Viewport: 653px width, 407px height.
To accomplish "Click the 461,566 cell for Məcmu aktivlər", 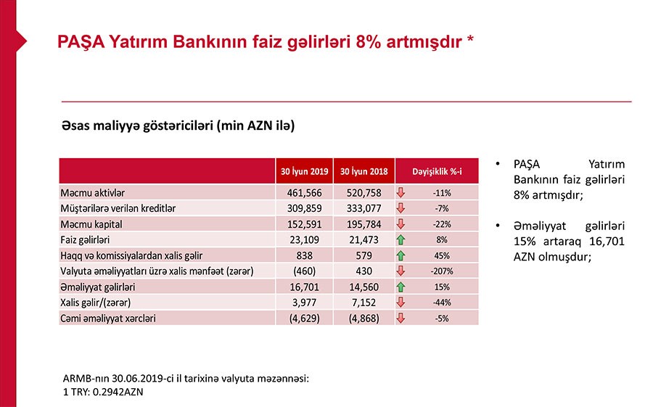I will pos(304,192).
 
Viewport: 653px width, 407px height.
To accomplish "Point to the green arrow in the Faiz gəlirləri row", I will pos(401,239).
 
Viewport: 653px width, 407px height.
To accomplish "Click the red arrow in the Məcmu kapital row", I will pos(401,223).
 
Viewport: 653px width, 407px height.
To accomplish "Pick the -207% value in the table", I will pos(442,271).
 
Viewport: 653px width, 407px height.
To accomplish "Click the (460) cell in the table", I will pos(304,271).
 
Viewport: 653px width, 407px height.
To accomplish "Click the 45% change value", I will pos(442,255).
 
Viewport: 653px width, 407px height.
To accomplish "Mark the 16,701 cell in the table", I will pos(304,287).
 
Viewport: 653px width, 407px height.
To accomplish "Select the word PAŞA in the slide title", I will pos(79,41).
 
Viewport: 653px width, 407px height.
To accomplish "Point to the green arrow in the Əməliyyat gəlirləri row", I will pos(401,287).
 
